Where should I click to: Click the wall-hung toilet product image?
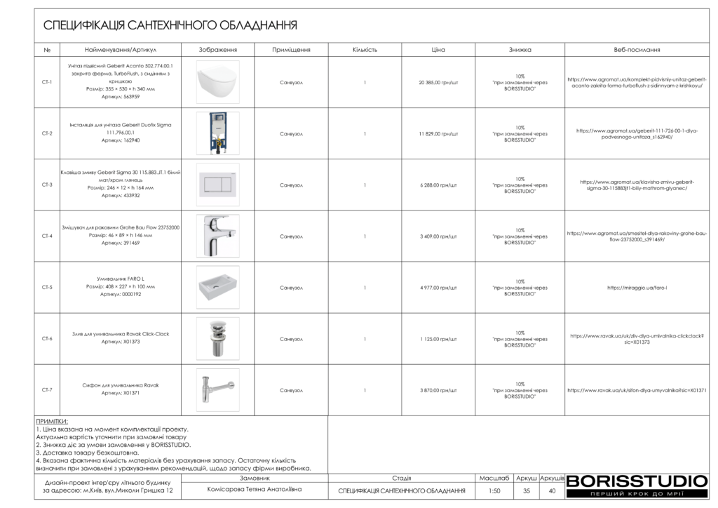click(x=217, y=83)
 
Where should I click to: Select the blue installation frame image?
click(x=217, y=133)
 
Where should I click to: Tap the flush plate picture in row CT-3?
click(x=217, y=185)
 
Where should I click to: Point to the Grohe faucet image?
click(x=217, y=236)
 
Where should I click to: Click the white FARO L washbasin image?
click(x=217, y=287)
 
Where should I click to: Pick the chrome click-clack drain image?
click(x=217, y=338)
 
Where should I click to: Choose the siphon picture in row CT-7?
click(x=217, y=389)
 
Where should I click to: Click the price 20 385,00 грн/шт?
click(x=438, y=82)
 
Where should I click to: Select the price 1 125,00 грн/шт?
click(x=438, y=339)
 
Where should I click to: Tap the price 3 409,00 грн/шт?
click(x=438, y=236)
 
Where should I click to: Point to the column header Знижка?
click(x=520, y=50)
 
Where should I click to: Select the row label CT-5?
click(x=47, y=288)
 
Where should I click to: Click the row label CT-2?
click(x=47, y=133)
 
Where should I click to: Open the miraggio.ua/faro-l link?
click(x=628, y=288)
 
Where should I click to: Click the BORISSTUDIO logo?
click(x=637, y=485)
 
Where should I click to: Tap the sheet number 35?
click(x=527, y=491)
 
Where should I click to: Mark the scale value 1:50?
click(x=494, y=491)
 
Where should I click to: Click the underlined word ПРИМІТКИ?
click(x=51, y=421)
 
